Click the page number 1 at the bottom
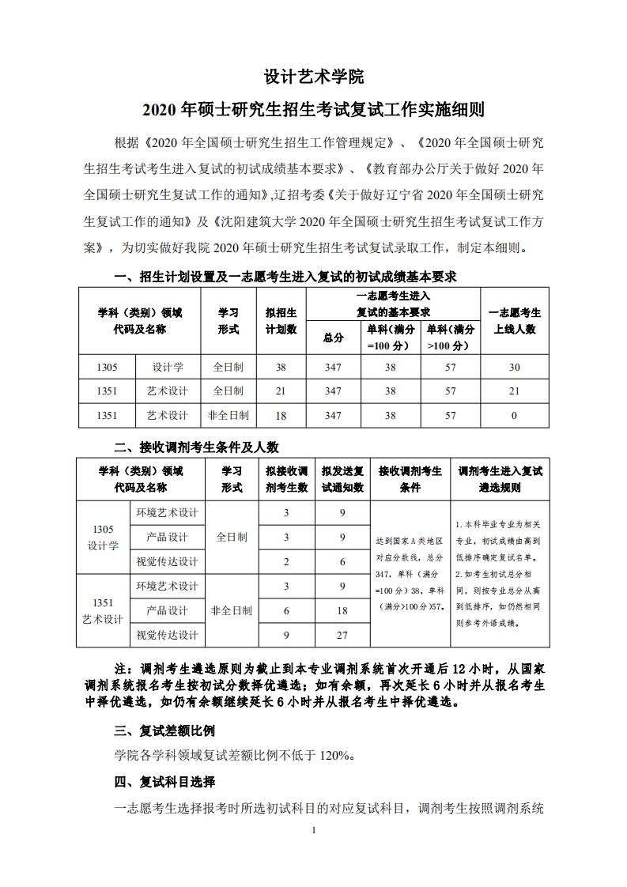(x=314, y=830)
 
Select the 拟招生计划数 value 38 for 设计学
(x=280, y=367)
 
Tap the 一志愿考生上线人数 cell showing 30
(x=514, y=367)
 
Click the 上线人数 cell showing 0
(x=514, y=415)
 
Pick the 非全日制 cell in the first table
(x=228, y=415)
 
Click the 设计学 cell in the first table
(x=168, y=367)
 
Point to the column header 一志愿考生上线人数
(x=514, y=320)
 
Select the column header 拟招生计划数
(x=280, y=320)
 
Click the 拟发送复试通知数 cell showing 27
(x=342, y=635)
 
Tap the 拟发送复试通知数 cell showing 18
(x=342, y=610)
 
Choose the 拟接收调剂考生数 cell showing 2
(x=286, y=561)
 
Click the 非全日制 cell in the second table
(x=231, y=610)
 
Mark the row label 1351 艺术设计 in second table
(x=103, y=610)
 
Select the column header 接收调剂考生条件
(x=410, y=479)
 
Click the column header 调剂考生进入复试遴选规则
(x=500, y=479)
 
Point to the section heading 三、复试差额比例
(x=164, y=730)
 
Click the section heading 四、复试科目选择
(x=164, y=782)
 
